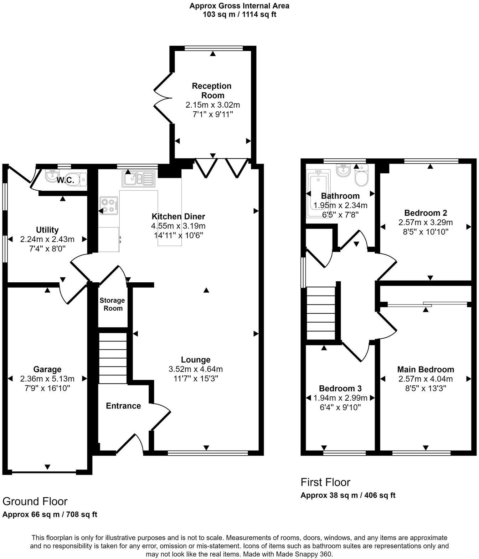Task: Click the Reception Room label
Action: click(x=211, y=91)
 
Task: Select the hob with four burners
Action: click(x=109, y=206)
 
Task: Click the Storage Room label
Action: click(x=113, y=304)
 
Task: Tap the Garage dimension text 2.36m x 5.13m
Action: click(x=47, y=379)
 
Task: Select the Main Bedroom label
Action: click(x=426, y=369)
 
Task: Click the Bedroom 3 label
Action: click(x=340, y=388)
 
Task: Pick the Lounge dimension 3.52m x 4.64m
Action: click(x=195, y=369)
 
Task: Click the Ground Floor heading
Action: click(x=35, y=501)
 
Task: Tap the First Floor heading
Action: click(x=325, y=482)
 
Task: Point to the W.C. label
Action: click(x=66, y=180)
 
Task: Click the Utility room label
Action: click(x=47, y=230)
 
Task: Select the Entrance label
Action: click(x=123, y=406)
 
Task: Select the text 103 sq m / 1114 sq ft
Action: click(x=239, y=15)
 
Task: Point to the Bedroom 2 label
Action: click(x=426, y=213)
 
